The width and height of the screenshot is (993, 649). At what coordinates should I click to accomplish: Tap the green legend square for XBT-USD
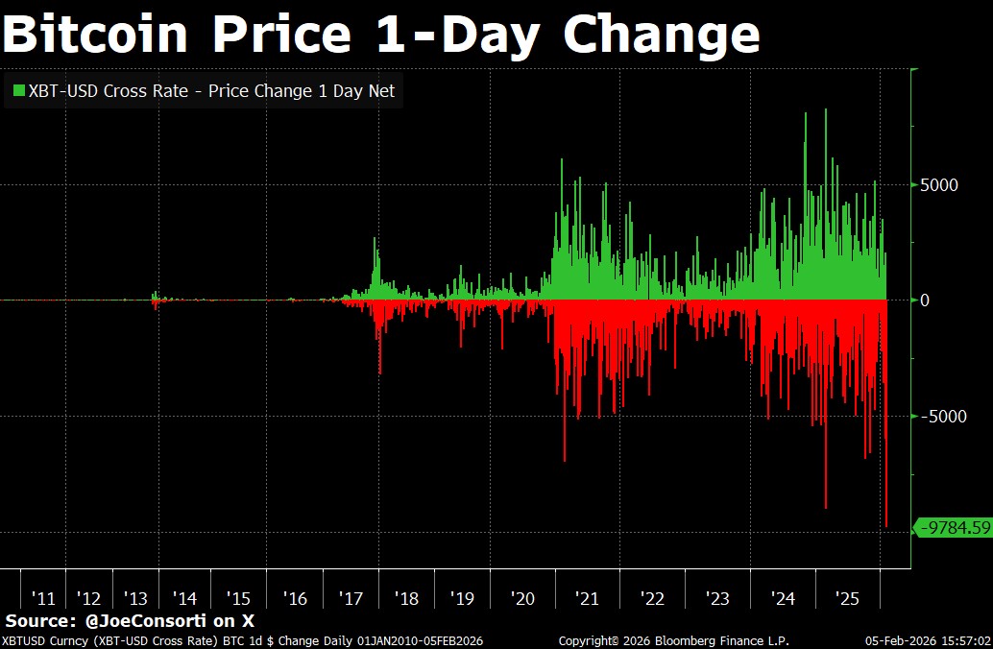[x=18, y=91]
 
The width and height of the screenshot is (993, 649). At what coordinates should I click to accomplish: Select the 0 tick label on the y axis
[x=925, y=300]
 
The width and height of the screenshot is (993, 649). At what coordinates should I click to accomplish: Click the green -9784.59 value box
[x=954, y=527]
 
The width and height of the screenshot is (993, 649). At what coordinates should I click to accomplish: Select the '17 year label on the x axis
[x=351, y=598]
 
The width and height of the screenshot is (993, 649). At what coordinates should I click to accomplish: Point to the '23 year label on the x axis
[x=717, y=598]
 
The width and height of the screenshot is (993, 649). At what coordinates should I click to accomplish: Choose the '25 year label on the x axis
[x=847, y=598]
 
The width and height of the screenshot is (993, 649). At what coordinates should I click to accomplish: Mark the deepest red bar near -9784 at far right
[x=885, y=518]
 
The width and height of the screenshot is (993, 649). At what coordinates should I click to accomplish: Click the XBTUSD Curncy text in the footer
[x=38, y=640]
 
